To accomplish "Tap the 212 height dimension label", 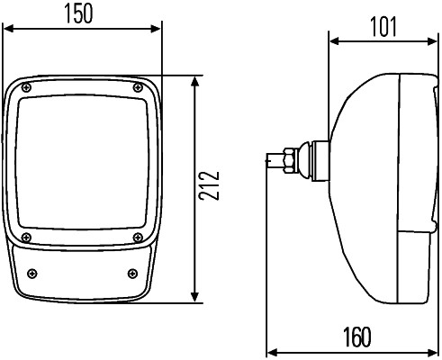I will [x=209, y=189].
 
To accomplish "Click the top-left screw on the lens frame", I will [x=27, y=87].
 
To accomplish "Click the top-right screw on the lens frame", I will [x=137, y=87].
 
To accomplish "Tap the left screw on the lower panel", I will [x=33, y=274].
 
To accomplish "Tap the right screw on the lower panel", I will [x=131, y=274].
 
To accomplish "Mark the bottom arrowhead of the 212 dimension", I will [x=195, y=299].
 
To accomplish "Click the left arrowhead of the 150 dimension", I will [x=8, y=30].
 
